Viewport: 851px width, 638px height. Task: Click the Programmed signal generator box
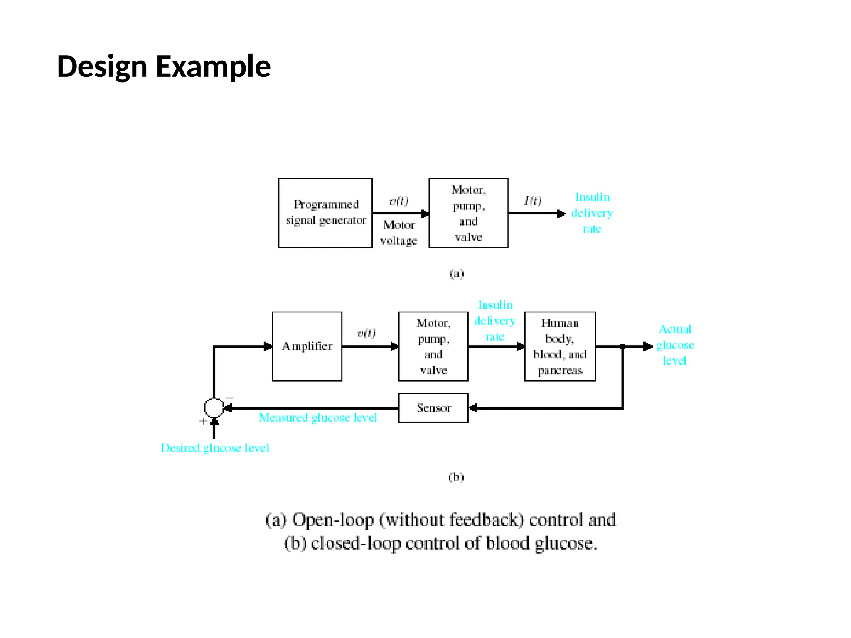tap(325, 213)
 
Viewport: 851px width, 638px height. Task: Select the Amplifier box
tap(307, 346)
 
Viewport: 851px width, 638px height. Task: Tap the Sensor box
tap(433, 407)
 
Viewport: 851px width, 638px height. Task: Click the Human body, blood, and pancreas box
tap(560, 346)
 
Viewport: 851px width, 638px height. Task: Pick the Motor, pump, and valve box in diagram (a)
tap(468, 213)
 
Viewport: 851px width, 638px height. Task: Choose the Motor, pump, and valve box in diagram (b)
tap(433, 346)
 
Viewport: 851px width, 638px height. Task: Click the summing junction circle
tap(214, 407)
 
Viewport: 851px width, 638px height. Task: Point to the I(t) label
tap(533, 201)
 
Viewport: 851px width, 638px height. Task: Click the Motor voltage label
tap(398, 233)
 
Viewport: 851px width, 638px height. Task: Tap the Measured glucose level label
tap(318, 417)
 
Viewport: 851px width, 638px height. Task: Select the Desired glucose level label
tap(215, 448)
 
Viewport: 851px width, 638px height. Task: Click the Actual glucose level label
tap(675, 345)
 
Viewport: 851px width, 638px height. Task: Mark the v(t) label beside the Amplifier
tap(366, 333)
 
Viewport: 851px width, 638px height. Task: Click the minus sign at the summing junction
tap(229, 398)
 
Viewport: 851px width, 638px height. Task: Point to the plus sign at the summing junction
tap(203, 421)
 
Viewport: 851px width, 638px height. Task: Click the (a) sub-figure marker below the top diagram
tap(457, 274)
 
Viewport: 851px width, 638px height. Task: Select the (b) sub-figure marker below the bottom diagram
tap(456, 477)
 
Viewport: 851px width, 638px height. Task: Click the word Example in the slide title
tap(213, 66)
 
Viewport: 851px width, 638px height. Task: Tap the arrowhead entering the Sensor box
tap(473, 408)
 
